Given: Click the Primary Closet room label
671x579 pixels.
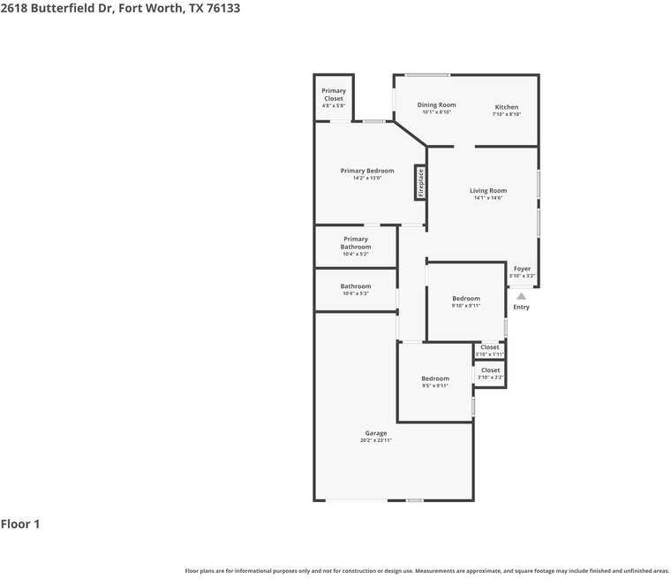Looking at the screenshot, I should coord(334,95).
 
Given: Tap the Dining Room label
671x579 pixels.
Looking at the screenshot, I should coord(436,105).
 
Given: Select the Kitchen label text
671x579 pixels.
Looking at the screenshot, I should coord(506,107).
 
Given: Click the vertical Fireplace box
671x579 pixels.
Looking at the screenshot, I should coord(420,183).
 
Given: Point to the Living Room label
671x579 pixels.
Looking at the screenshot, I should coord(487,191).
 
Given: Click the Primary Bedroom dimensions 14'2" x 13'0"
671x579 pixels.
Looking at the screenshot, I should coord(367,179).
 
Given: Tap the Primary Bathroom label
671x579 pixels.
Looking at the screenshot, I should coord(356,243).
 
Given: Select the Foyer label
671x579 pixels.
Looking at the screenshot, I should coord(522,269).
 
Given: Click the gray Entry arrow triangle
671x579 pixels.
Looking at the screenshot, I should coord(521,296).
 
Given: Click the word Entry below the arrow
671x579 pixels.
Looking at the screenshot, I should coord(521,308).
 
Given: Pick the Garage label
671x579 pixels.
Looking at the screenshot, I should coord(375,433).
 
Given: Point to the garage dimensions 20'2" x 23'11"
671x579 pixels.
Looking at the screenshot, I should coord(375,440).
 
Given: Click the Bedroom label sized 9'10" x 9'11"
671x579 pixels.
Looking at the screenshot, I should coord(466,299).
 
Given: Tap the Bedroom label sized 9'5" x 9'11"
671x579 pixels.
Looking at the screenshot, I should coord(435,378).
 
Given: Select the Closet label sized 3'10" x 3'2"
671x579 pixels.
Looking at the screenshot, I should coord(490,370).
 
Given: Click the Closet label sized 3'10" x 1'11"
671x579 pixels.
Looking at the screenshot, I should coord(489,347).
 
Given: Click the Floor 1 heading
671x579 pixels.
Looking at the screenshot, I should coord(20,524).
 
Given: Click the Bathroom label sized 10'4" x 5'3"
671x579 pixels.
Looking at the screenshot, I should coord(356,286).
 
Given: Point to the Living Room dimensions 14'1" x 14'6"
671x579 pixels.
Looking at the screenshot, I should coord(487,198).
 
